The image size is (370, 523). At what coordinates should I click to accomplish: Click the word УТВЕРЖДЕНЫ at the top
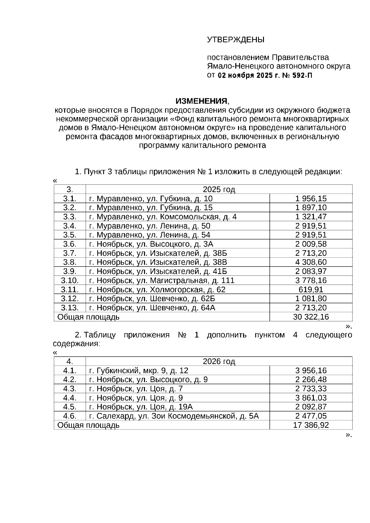[x=236, y=40]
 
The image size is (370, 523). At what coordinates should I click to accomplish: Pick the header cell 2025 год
[x=219, y=189]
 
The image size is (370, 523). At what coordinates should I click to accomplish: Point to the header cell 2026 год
[x=219, y=362]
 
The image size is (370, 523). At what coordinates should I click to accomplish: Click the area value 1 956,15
[x=311, y=198]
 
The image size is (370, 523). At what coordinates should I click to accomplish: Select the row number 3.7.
[x=70, y=253]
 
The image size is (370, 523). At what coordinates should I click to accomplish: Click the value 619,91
[x=311, y=289]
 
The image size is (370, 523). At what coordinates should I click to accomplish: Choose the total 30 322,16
[x=311, y=317]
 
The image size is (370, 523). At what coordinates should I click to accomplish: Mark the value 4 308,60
[x=311, y=262]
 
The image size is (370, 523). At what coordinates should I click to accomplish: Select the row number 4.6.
[x=70, y=416]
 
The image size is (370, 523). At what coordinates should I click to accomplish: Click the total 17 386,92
[x=311, y=425]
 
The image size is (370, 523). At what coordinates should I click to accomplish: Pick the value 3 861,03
[x=311, y=398]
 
